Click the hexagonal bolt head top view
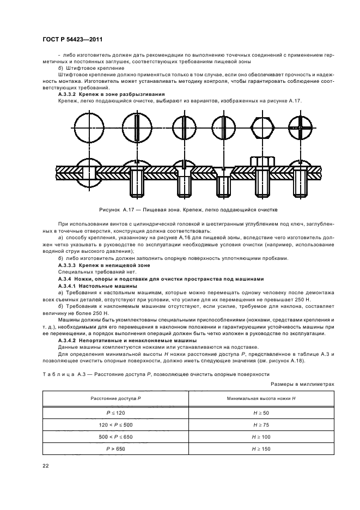coord(263,129)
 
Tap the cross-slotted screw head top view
coord(301,129)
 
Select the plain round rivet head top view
coord(88,129)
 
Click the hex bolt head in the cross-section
coord(263,162)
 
